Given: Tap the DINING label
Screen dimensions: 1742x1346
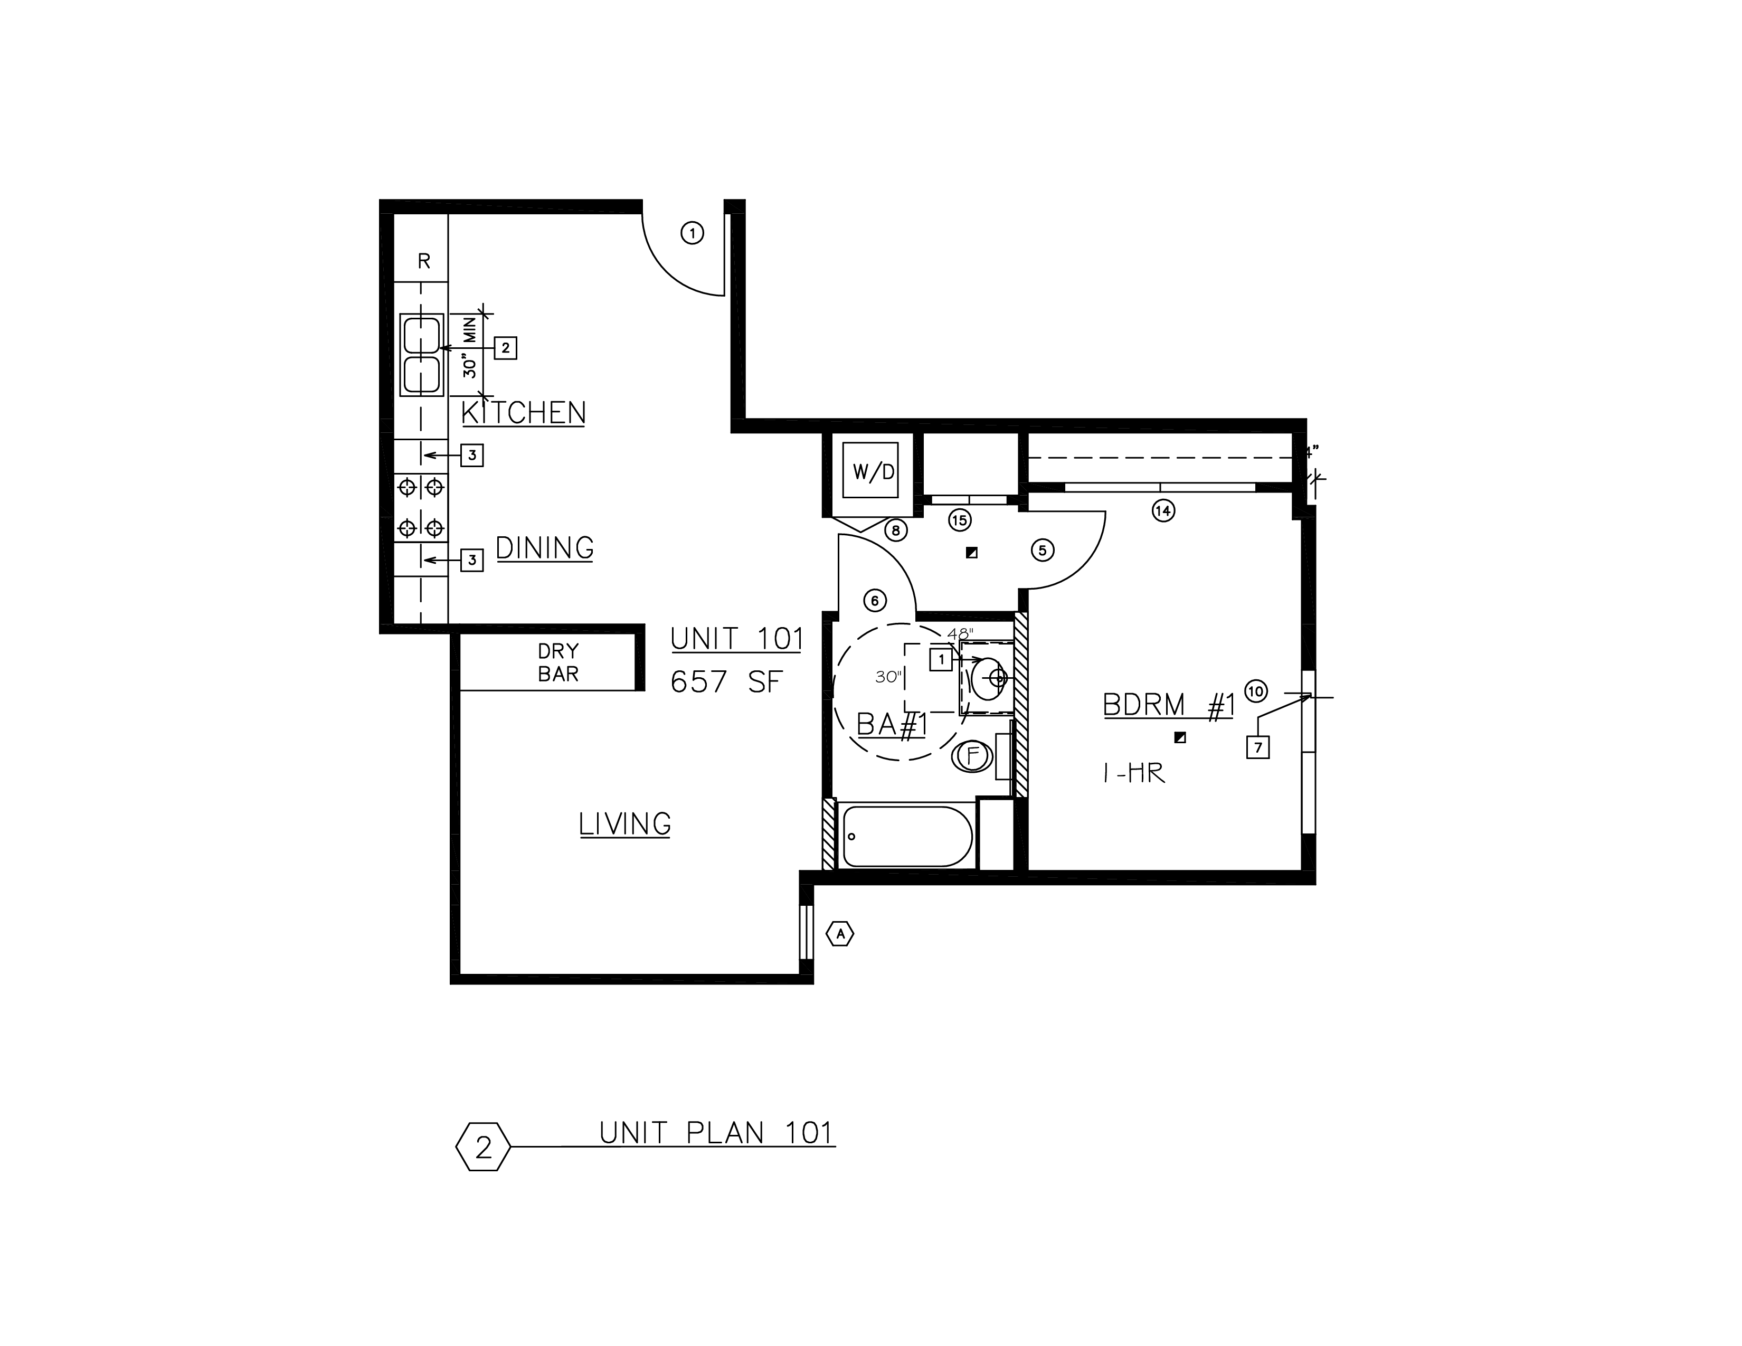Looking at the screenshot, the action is tap(545, 548).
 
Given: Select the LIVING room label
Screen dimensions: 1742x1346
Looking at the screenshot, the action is tap(624, 824).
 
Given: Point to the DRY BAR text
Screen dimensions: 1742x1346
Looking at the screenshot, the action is tap(558, 662).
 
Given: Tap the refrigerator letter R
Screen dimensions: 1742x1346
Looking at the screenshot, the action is tap(424, 261).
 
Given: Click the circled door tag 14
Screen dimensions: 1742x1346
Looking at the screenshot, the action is tap(1164, 510).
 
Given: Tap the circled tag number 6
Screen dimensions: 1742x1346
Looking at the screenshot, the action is tap(875, 601).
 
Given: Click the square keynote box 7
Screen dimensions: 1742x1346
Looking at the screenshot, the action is tap(1258, 747).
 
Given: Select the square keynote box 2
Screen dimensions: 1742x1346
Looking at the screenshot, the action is tap(506, 348).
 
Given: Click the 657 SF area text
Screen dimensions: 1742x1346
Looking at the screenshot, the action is tap(727, 683).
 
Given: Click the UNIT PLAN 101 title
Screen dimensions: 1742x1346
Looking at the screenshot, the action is tap(716, 1133).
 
